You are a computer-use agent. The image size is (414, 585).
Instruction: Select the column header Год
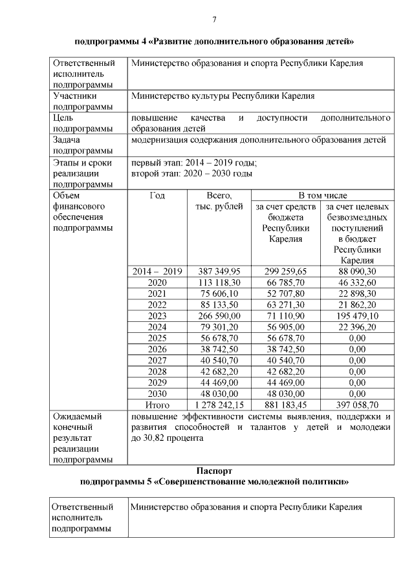157,195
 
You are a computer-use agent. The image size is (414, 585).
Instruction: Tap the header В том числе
322,195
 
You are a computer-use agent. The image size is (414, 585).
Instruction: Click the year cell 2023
157,315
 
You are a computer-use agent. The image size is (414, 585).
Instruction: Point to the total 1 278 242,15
215,405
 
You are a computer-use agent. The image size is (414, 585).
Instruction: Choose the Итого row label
157,405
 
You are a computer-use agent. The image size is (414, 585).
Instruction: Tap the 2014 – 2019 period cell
157,271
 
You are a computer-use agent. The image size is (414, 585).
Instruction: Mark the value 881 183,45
285,405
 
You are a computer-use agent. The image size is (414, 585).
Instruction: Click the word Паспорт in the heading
214,471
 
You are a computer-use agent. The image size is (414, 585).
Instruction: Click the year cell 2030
157,393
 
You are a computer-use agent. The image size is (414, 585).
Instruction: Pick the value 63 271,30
285,304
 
